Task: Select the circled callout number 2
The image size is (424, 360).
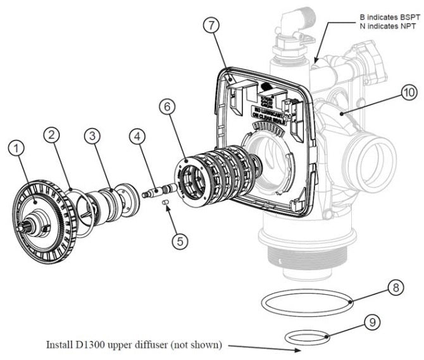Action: pos(53,135)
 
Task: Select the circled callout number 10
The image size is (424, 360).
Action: pos(409,93)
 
